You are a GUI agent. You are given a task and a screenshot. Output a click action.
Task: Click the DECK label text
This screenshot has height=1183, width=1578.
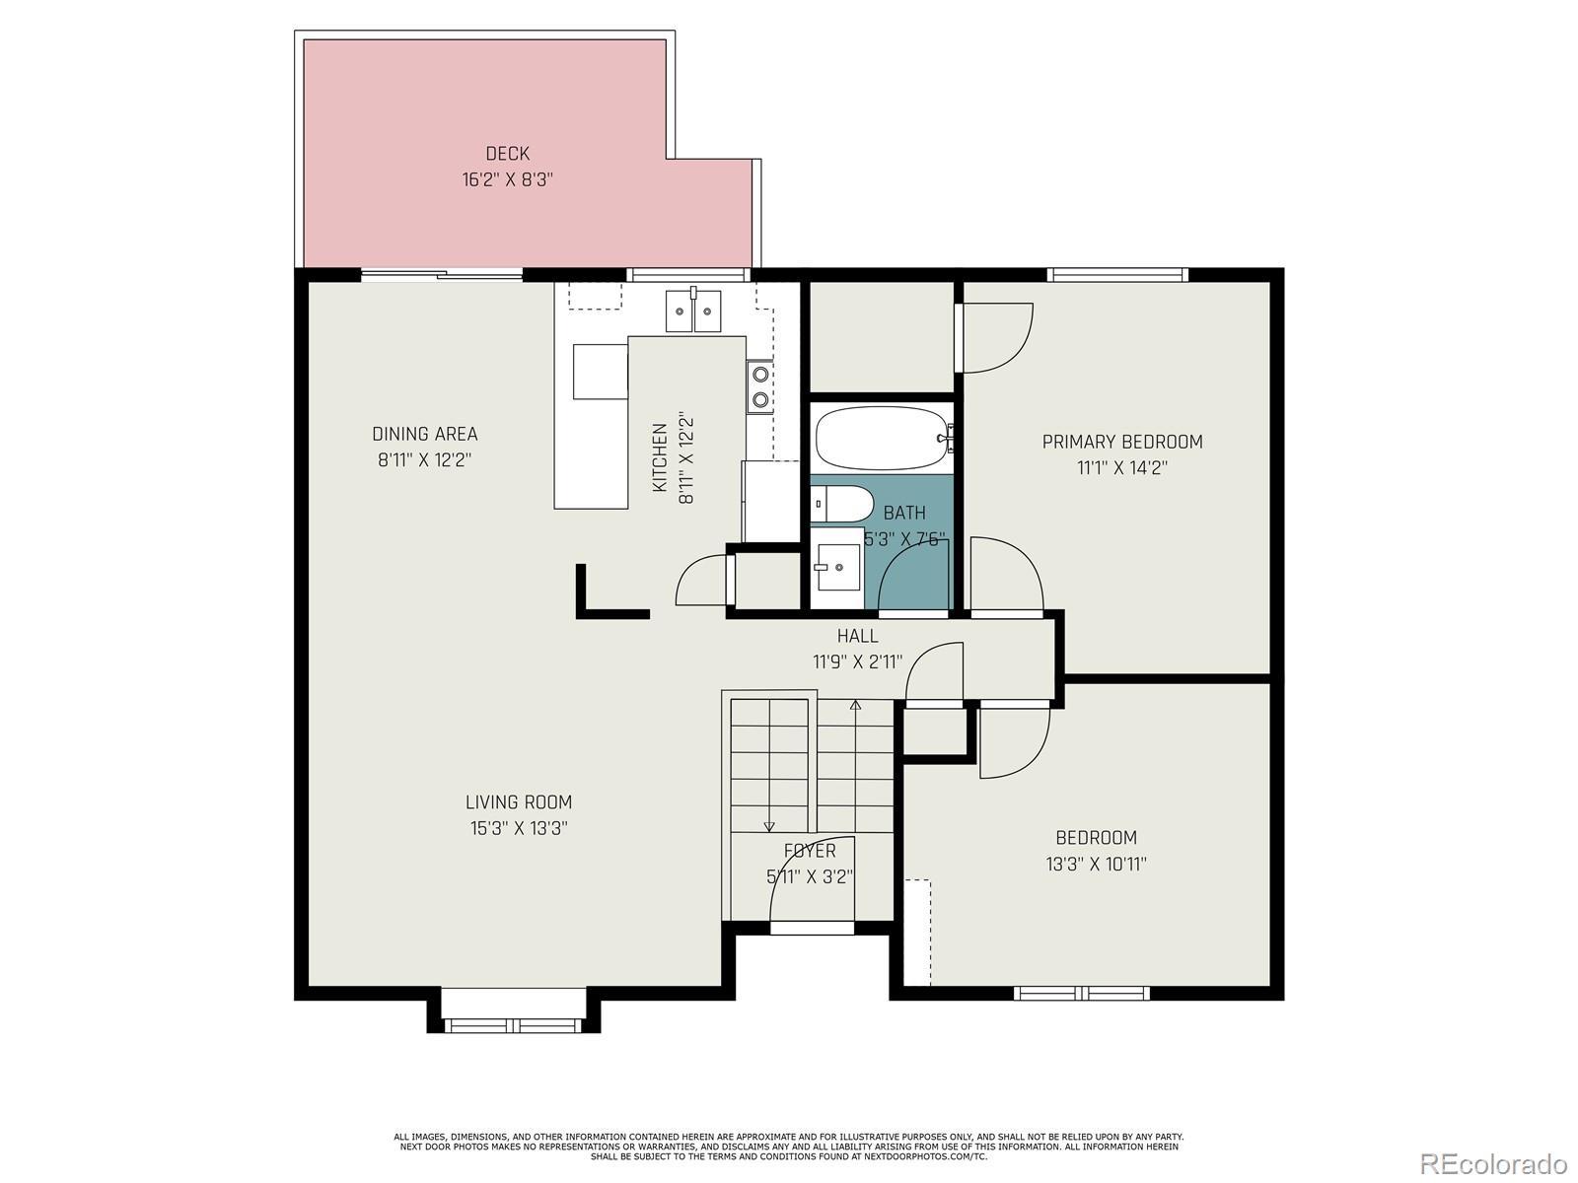[508, 154]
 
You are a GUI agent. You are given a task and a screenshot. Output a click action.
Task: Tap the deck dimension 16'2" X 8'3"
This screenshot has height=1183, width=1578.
[508, 179]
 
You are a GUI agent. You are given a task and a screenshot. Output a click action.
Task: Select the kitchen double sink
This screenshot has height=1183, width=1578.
[693, 311]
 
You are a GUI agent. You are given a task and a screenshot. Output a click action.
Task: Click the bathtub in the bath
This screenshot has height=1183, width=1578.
[885, 438]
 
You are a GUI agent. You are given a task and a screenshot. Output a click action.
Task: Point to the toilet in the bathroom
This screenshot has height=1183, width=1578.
[841, 504]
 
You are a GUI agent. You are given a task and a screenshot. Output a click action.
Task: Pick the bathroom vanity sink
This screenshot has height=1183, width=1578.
[838, 568]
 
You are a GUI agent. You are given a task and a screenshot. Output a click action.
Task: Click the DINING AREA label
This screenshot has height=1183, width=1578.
[425, 434]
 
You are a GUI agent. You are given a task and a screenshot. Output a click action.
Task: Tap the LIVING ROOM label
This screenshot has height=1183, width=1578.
[519, 801]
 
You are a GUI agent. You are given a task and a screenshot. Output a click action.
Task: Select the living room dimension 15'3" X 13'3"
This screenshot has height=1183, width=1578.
[519, 828]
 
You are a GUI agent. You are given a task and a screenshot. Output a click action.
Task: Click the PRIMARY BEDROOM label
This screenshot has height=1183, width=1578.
[1122, 442]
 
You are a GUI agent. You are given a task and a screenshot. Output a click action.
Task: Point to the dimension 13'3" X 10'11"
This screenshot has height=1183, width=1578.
[1097, 864]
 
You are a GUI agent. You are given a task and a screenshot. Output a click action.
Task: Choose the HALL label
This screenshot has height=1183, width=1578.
[857, 636]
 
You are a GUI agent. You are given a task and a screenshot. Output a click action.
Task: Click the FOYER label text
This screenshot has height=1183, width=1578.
[810, 851]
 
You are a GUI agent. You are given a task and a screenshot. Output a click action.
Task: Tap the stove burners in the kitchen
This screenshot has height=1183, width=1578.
[759, 385]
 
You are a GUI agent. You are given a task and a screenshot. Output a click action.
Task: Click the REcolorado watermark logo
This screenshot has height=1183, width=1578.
[1494, 1163]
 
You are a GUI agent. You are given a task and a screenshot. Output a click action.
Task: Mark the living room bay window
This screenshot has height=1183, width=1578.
[513, 1025]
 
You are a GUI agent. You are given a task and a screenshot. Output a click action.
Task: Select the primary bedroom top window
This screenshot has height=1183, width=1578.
[1117, 274]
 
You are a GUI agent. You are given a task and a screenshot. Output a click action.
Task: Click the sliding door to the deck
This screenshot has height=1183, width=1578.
[442, 274]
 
